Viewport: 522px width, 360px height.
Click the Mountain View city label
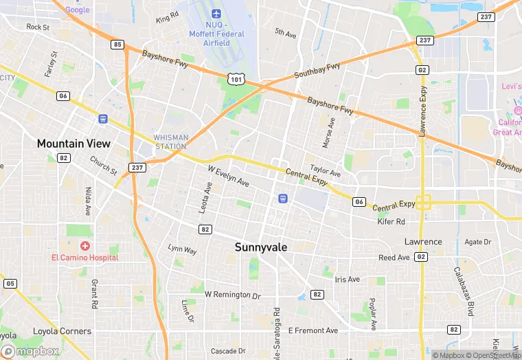click(73, 144)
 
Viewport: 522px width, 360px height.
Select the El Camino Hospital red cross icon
click(85, 245)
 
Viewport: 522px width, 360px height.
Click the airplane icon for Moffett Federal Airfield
click(216, 14)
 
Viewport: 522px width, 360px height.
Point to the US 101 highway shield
click(236, 80)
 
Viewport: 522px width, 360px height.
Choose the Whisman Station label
click(170, 142)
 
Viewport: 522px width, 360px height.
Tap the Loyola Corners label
click(62, 331)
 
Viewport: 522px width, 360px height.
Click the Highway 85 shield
click(117, 45)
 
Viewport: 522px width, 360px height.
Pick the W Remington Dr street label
click(234, 295)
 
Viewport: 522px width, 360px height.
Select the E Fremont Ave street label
click(313, 330)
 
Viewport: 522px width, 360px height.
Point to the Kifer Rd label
click(391, 221)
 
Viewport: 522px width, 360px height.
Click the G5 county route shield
click(10, 283)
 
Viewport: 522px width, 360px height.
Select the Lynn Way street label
click(182, 249)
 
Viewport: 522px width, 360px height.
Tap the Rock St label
click(38, 27)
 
